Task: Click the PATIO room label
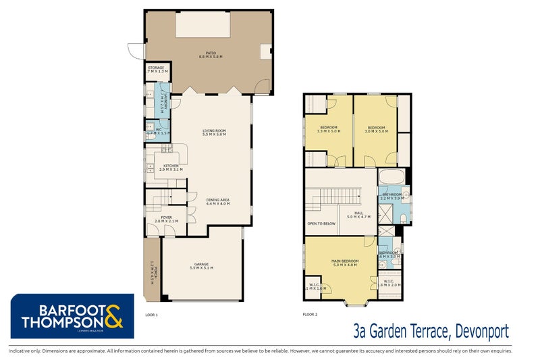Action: tap(211, 52)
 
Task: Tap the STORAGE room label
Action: tap(156, 68)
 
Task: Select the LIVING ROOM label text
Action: tap(214, 131)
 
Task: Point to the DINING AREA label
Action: tap(217, 199)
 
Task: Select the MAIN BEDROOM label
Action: tap(345, 260)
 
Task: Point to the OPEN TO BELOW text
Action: tap(321, 223)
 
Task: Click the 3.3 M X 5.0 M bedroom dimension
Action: tap(329, 132)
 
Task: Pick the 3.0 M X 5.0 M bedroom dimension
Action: tap(376, 132)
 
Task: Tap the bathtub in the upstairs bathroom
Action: tap(391, 178)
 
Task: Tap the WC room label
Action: tap(158, 130)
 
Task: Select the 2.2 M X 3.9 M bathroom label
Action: tap(391, 198)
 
